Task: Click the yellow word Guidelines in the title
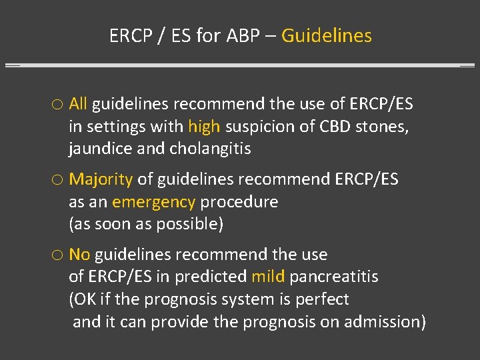click(327, 35)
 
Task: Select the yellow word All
click(78, 104)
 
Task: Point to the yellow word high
click(204, 127)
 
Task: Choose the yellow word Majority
click(101, 179)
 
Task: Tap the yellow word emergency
click(153, 202)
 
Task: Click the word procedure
click(239, 202)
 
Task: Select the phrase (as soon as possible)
click(146, 224)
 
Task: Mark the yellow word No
click(79, 255)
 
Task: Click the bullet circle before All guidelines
click(57, 105)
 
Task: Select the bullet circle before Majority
click(57, 180)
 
